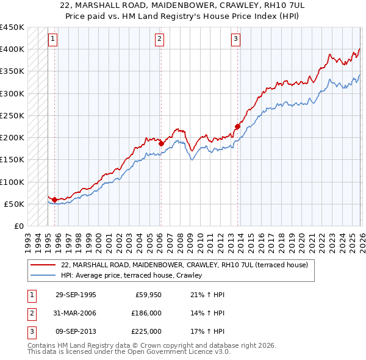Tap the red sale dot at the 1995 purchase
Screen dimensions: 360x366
[55, 200]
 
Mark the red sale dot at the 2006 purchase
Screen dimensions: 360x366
[161, 143]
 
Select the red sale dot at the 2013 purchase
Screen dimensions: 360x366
[237, 127]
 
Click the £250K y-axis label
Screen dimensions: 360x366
[12, 115]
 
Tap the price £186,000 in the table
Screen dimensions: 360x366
[146, 313]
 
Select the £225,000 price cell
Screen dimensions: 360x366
[146, 331]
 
